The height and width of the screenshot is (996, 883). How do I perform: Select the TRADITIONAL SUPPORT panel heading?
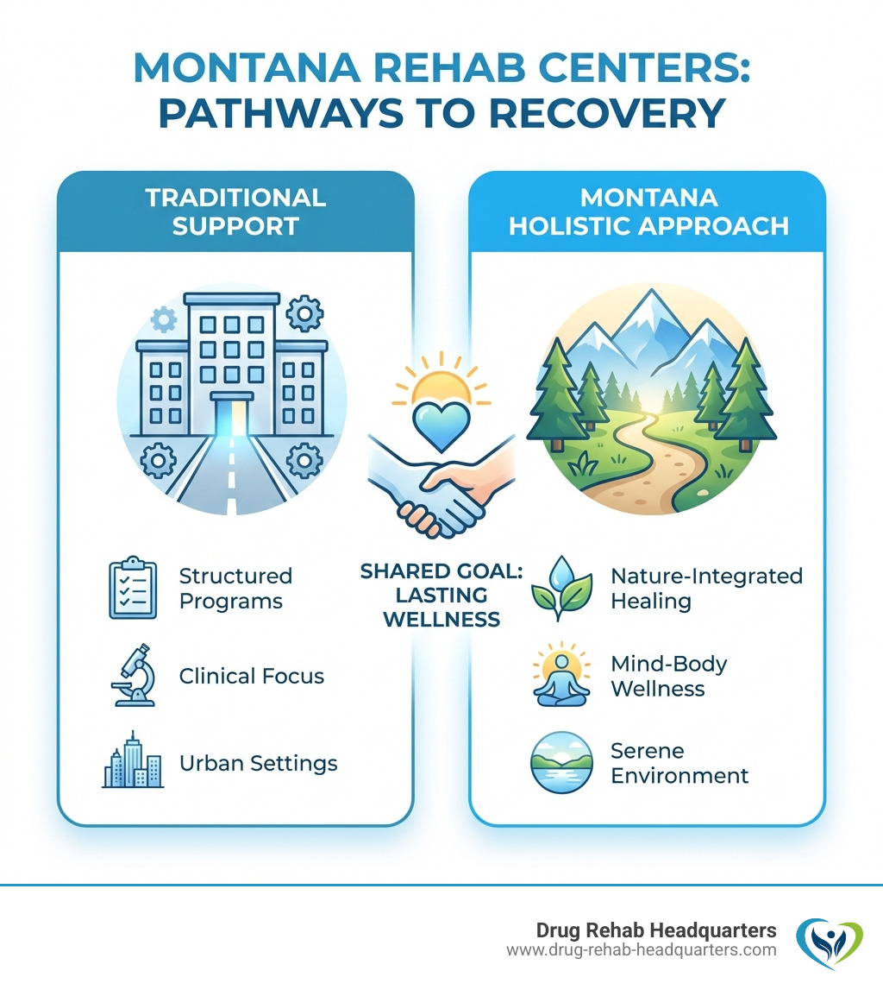pos(235,211)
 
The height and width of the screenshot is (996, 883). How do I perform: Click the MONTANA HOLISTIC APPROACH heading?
pos(648,211)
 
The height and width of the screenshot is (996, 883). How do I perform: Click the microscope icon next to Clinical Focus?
pos(133,676)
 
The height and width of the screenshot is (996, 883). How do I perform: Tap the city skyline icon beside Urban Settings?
pos(133,761)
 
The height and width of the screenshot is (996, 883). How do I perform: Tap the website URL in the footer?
pos(641,949)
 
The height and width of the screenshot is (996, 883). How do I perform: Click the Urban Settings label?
pos(258,763)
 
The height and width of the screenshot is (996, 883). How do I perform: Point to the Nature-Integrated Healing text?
pos(706,588)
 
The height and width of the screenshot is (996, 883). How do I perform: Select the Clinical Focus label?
pos(252,676)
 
